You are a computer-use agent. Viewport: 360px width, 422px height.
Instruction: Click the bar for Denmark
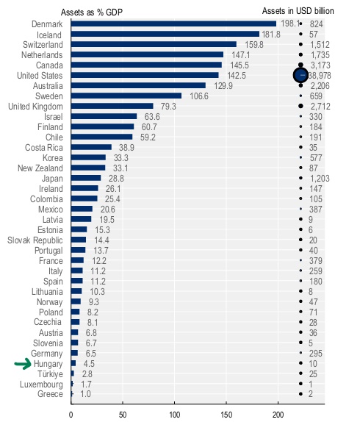[x=173, y=24]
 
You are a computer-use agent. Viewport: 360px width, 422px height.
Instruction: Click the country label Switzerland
[x=43, y=44]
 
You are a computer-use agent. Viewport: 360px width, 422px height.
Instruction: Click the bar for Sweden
[x=126, y=96]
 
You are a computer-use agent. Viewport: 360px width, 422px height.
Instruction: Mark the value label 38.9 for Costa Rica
[x=125, y=147]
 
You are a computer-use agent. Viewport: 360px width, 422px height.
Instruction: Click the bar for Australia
[x=138, y=85]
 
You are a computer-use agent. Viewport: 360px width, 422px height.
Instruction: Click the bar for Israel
[x=104, y=116]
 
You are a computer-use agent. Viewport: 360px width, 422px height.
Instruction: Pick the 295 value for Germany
[x=317, y=353]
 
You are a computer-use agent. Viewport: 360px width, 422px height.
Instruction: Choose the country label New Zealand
[x=38, y=168]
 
